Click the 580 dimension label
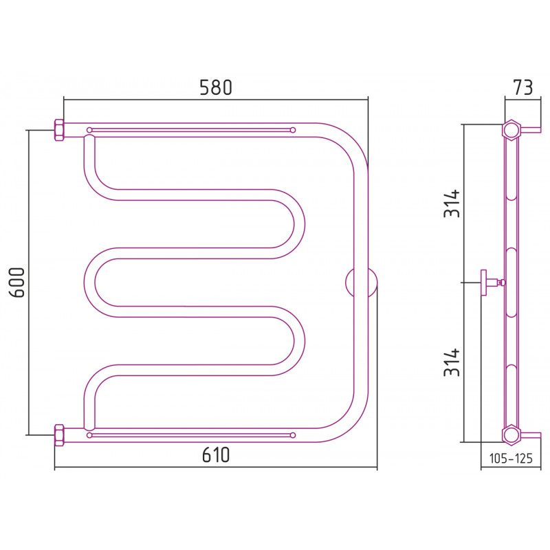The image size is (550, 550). [216, 88]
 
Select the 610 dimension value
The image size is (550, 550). [216, 455]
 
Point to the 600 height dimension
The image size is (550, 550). [17, 283]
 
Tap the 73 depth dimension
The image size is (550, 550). [523, 87]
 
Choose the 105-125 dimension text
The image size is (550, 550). [511, 458]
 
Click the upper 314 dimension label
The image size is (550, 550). [452, 203]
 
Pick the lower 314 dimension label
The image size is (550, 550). [452, 362]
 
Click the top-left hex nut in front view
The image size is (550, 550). [59, 130]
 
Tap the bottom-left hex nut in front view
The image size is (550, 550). [59, 435]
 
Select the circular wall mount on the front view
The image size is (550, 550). [361, 283]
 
